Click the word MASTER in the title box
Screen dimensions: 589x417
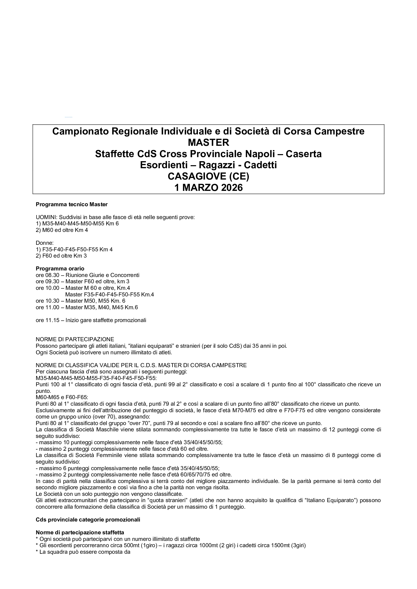(x=208, y=142)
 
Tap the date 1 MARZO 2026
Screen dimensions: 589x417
(x=208, y=188)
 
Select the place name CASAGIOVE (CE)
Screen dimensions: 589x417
(x=208, y=176)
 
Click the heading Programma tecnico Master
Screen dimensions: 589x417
(x=72, y=204)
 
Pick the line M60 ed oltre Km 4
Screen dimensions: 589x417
(x=62, y=230)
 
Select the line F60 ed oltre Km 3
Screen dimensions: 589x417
(x=61, y=256)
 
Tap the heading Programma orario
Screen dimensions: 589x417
(x=60, y=269)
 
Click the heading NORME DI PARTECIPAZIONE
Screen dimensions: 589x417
(x=75, y=339)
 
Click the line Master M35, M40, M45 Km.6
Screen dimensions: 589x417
(x=101, y=307)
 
